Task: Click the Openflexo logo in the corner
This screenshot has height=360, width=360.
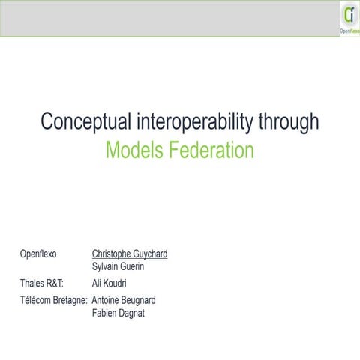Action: pos(348,19)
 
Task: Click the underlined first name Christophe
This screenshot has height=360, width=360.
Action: pos(114,254)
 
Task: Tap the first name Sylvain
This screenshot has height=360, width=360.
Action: pos(106,266)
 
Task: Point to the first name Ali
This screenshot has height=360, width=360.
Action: pos(97,283)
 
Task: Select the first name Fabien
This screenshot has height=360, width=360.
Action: pos(106,313)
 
